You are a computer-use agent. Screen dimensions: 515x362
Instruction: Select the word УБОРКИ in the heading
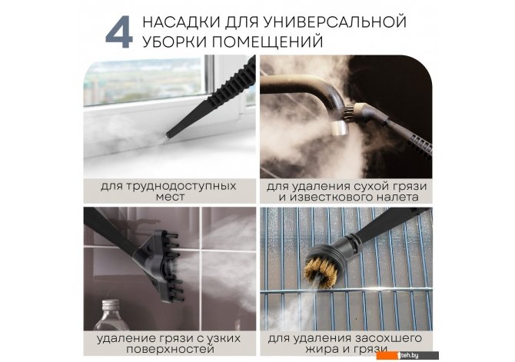click(x=174, y=42)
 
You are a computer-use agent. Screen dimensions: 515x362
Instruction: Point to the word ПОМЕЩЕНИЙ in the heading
click(x=267, y=42)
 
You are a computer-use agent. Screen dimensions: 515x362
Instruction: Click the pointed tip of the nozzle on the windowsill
click(x=168, y=135)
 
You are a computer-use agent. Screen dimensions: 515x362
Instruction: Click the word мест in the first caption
click(x=170, y=198)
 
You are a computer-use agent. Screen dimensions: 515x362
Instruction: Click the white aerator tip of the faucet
click(x=339, y=128)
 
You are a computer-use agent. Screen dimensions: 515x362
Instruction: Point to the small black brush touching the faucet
click(x=348, y=111)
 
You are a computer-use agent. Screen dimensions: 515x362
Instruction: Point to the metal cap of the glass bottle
click(x=109, y=305)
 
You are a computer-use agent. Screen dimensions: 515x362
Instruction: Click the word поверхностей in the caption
click(x=170, y=349)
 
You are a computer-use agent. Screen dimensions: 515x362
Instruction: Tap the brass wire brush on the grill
click(x=318, y=271)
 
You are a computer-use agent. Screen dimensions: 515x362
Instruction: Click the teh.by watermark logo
click(x=407, y=355)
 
